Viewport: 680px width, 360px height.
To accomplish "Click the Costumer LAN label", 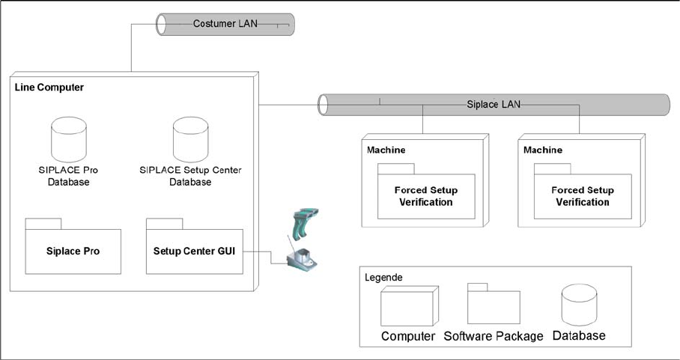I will (225, 24).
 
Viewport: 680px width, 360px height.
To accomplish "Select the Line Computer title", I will (49, 88).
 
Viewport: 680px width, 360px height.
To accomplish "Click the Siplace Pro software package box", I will (73, 250).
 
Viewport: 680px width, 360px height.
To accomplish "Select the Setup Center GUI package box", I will (194, 250).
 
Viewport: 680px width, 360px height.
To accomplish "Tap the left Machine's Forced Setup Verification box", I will (425, 196).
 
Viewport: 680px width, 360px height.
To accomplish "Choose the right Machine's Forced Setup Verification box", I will (582, 196).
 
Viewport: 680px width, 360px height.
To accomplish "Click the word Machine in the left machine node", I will (386, 150).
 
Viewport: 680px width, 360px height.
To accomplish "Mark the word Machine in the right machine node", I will (543, 150).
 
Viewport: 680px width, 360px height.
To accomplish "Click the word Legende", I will (383, 278).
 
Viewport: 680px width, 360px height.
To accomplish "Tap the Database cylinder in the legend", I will (578, 305).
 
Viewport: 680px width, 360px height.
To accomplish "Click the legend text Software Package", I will (493, 336).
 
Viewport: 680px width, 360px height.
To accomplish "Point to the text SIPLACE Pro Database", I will (68, 176).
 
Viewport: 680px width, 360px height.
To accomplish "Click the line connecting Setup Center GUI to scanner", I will (261, 251).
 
